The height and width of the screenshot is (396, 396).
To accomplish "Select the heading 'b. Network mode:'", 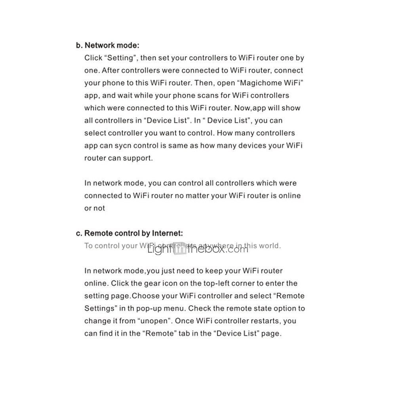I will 107,45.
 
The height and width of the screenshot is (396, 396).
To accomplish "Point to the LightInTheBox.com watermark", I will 198,249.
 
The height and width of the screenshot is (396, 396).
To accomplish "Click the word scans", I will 205,95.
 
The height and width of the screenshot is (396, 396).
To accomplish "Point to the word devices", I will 251,145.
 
